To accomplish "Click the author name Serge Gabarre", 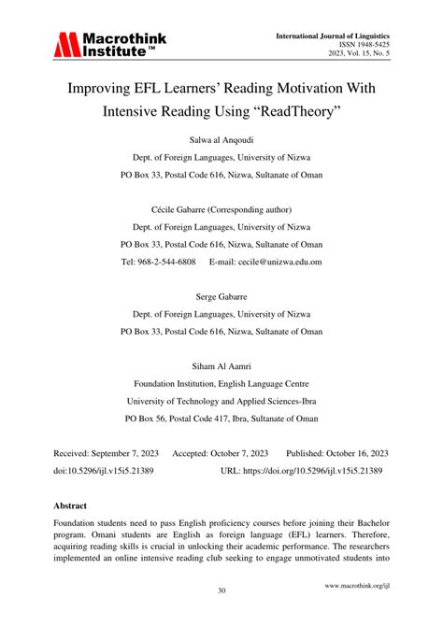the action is [221, 296].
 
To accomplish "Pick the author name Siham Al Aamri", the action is [221, 365].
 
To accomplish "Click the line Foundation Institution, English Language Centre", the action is [221, 383].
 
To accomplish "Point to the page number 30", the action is [221, 590].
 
